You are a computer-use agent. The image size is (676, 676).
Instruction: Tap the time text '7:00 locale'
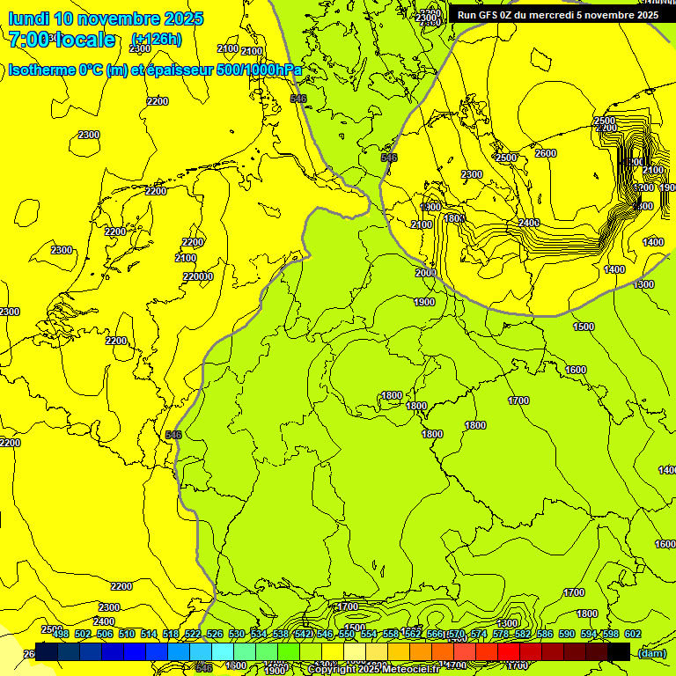tap(62, 40)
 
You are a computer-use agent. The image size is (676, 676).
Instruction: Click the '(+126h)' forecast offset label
tap(156, 40)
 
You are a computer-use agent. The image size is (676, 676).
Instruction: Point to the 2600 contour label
tap(546, 153)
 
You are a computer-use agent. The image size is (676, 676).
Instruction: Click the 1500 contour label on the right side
tap(583, 327)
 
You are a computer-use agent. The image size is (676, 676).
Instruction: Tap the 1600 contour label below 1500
tap(576, 370)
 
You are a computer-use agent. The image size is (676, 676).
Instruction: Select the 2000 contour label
tap(425, 274)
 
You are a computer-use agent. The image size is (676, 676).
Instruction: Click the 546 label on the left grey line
tap(173, 435)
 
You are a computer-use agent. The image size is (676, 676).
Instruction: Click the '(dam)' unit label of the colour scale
tap(651, 652)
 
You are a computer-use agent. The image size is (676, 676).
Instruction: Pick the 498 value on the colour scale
tap(61, 634)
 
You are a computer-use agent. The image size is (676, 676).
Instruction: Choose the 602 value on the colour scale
tap(632, 634)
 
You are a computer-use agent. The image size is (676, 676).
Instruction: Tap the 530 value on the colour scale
tap(237, 634)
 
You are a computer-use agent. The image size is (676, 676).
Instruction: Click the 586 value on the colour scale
tap(544, 634)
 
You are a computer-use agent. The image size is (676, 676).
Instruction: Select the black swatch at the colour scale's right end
tap(619, 651)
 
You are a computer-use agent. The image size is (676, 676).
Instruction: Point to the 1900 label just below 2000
tap(424, 302)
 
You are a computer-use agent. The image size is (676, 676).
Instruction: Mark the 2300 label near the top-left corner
tap(88, 135)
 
